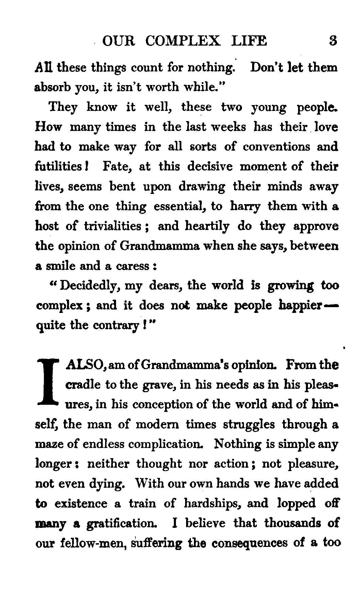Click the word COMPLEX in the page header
183,41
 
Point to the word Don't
266,67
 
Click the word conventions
277,147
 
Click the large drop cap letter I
49,384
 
